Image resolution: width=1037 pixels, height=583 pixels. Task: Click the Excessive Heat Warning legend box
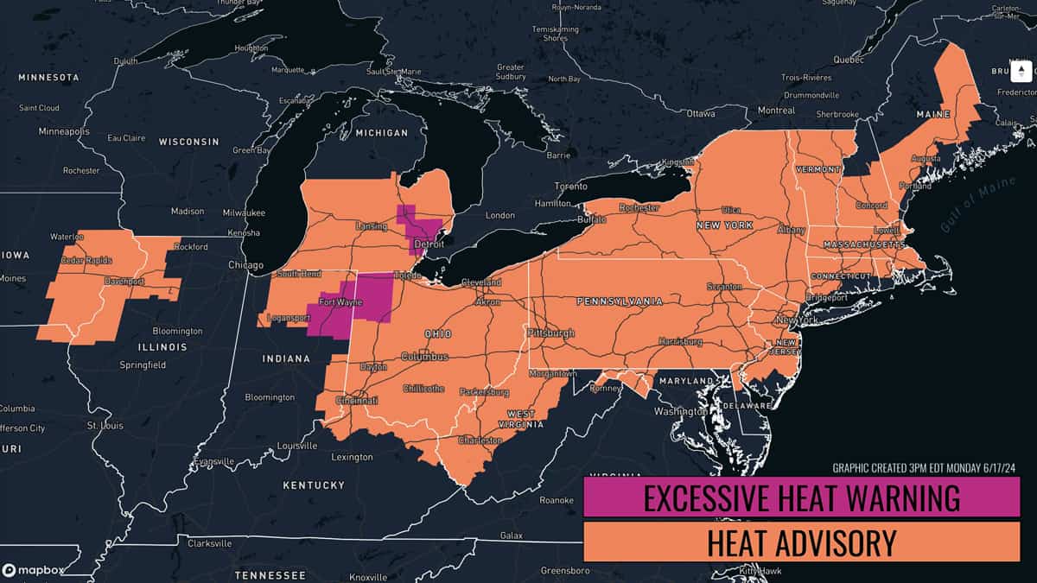(802, 498)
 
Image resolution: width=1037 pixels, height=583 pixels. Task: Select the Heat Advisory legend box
(802, 542)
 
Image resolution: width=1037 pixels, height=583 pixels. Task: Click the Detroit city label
(429, 245)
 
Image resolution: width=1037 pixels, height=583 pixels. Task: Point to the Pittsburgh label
(550, 333)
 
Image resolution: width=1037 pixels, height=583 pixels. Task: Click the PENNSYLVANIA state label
(620, 301)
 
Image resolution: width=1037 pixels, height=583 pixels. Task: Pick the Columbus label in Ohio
(423, 357)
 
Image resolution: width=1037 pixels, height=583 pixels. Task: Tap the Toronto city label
(570, 187)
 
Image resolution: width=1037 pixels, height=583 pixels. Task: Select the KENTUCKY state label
(314, 485)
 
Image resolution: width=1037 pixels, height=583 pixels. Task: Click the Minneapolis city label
(64, 131)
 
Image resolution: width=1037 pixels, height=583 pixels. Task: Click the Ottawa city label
(702, 113)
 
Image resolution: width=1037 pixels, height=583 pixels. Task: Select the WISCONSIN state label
(188, 141)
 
